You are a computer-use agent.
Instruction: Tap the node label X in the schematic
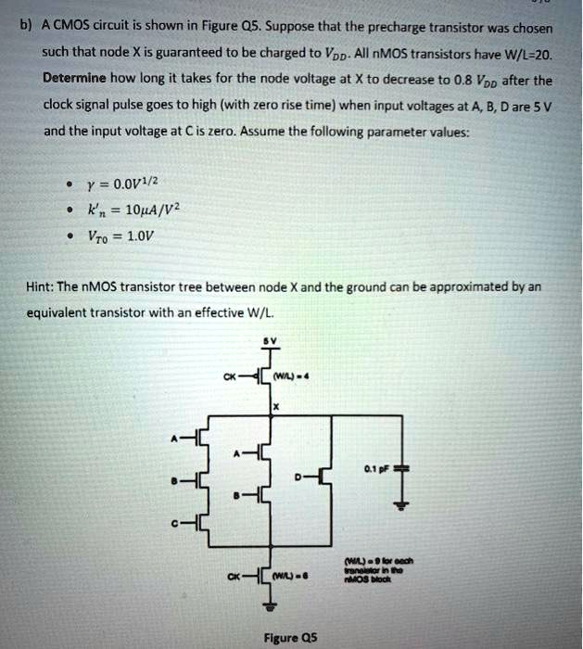pos(275,406)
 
